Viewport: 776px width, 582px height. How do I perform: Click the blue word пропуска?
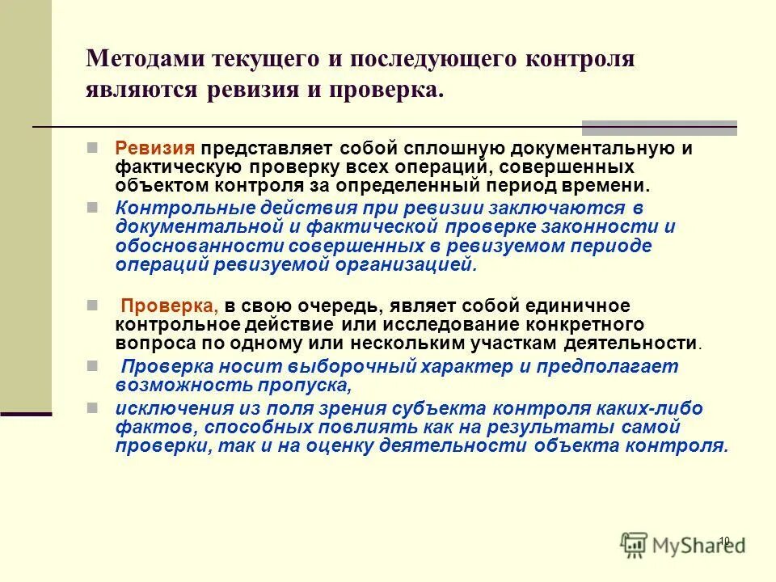[x=302, y=385]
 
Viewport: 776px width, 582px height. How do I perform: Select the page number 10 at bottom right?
[x=723, y=541]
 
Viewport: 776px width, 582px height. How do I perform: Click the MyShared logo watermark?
[x=683, y=545]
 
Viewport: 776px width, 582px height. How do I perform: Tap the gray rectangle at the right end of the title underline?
[x=660, y=127]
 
